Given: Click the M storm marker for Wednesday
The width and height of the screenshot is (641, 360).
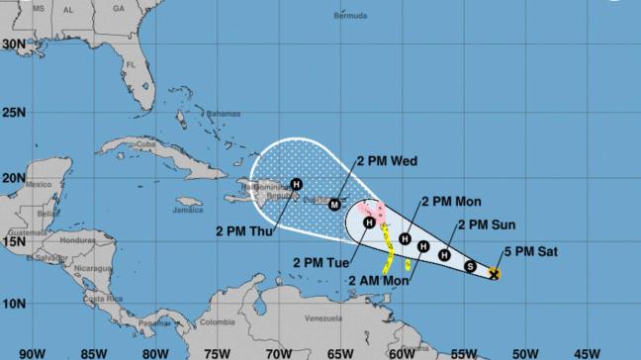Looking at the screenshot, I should coord(334,205).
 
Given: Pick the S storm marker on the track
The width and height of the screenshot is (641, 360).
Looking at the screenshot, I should coord(470,265).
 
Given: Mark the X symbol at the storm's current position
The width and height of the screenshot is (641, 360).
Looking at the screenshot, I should coord(495,273).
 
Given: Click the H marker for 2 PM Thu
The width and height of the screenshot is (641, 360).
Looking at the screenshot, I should coord(296,183).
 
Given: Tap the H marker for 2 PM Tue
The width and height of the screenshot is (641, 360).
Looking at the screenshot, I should coord(369,224).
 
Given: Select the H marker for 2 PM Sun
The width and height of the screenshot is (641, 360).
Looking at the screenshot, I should coord(445,255).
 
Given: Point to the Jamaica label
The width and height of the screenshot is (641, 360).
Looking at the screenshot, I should coord(187,210).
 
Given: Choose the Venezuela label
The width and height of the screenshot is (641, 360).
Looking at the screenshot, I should coord(321,319).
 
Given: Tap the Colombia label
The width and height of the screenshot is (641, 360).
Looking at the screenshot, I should coord(217,321).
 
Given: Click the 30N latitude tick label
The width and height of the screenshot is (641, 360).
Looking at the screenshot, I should coord(13,45).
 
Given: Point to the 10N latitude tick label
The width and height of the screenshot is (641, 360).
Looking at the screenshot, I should coord(13,305).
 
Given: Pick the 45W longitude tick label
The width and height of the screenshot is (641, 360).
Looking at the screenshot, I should coord(587,352).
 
